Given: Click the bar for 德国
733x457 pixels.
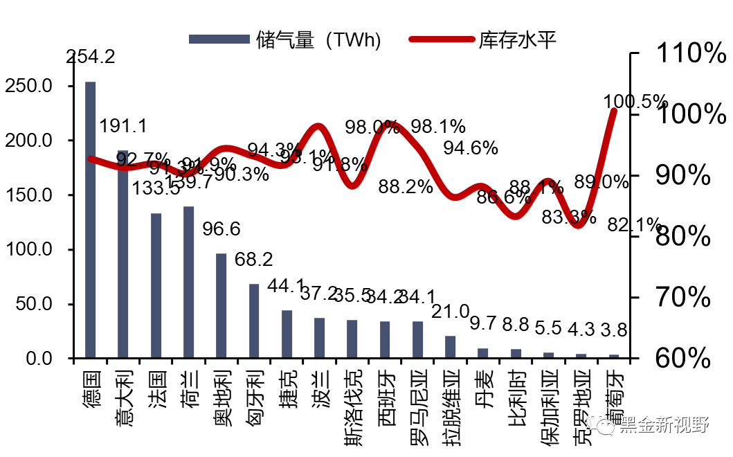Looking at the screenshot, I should [x=90, y=219].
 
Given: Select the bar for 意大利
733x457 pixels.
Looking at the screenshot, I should [x=123, y=254].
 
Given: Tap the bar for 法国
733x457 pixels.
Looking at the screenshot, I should [x=156, y=285].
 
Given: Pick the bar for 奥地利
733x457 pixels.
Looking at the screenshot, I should [x=221, y=305].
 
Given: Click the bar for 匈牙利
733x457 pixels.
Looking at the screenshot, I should [x=254, y=321].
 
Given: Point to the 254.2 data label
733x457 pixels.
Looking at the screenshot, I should [x=90, y=57].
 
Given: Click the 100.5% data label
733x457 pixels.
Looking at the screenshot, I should [x=635, y=102].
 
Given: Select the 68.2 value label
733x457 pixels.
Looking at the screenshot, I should [x=254, y=260].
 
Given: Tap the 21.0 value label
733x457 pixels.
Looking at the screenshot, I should [x=451, y=312].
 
